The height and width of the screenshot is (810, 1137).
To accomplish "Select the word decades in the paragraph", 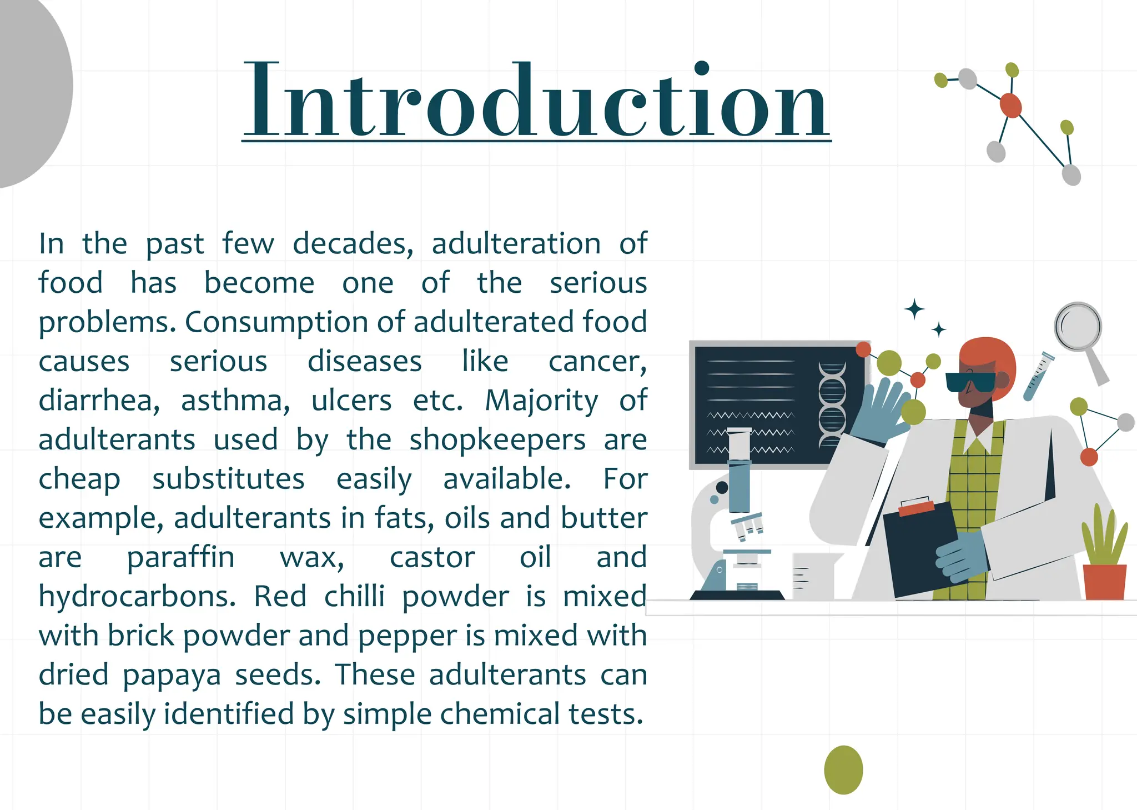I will pos(353,244).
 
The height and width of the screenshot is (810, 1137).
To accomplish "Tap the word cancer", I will pos(597,362).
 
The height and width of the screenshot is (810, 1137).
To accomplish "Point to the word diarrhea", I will pos(99,401).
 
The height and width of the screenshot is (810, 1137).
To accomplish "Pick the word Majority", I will pos(541,401).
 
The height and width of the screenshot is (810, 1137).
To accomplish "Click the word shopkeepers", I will pos(497,440).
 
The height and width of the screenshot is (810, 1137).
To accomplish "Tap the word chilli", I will pos(354,597).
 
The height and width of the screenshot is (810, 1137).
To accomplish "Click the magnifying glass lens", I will pos(1078,326).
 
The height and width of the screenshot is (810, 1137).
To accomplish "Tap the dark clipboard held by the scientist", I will pos(922,547).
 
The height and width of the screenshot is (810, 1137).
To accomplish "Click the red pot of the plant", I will pos(1105,582).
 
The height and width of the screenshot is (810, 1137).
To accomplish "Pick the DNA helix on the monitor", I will pos(832,404).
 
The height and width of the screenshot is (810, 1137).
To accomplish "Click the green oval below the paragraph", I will pos(843,770).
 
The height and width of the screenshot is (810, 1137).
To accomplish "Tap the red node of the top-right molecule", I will pos(1010,105).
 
